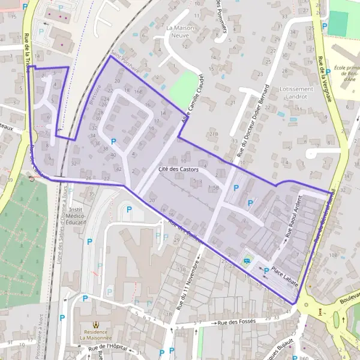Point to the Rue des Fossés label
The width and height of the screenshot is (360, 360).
pyautogui.click(x=237, y=322)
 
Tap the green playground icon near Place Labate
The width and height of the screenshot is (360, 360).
pyautogui.click(x=248, y=260)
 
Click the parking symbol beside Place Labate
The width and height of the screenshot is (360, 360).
pyautogui.click(x=266, y=270)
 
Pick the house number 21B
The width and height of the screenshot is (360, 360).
pyautogui.click(x=214, y=134)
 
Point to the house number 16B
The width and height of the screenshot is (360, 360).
pyautogui.click(x=139, y=91)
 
